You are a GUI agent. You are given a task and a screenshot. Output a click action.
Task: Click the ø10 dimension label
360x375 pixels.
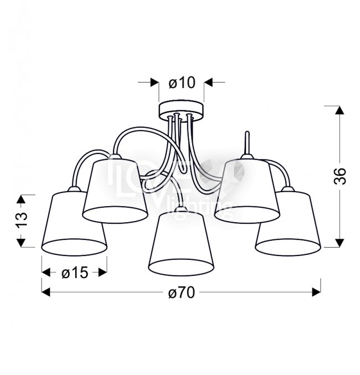[182, 83]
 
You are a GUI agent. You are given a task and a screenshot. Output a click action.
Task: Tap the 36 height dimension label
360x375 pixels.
[340, 176]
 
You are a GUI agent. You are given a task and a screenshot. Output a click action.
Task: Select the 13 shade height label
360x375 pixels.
[21, 219]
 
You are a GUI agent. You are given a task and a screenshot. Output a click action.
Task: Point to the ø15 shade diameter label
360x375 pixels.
[75, 273]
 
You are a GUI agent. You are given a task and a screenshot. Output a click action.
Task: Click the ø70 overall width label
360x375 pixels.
[182, 292]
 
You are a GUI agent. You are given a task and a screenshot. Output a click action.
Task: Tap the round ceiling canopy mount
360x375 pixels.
[181, 111]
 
